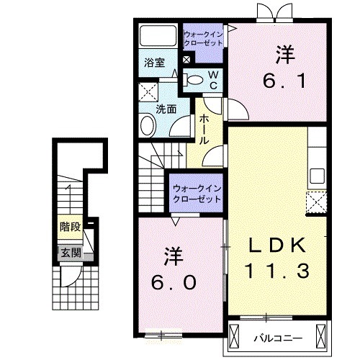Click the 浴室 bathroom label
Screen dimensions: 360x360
[x=155, y=63]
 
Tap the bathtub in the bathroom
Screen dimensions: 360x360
[x=158, y=35]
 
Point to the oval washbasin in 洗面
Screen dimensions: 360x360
[x=148, y=125]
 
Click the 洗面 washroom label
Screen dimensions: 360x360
[x=166, y=109]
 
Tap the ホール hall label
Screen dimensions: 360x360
[x=204, y=129]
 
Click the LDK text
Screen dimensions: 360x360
[x=278, y=245]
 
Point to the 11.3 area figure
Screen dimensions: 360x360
[x=276, y=271]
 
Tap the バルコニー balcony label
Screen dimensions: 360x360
[x=278, y=338]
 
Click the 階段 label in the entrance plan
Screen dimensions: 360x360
[x=70, y=227]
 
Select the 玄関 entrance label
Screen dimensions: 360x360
[x=71, y=253]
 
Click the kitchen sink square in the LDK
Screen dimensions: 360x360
[x=317, y=176]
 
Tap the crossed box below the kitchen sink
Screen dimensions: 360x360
[x=316, y=202]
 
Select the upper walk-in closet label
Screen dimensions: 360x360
[x=203, y=39]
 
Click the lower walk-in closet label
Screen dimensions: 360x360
[x=197, y=194]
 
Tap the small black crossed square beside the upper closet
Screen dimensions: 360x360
[x=186, y=60]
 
